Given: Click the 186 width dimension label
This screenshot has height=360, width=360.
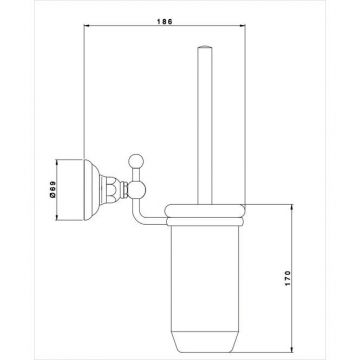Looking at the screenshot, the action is [x=165, y=21].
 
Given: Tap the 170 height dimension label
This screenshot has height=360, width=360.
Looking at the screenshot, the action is [x=288, y=279].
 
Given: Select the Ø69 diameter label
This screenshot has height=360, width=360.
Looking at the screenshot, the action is [x=52, y=190].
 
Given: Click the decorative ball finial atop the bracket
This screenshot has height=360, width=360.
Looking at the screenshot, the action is [x=136, y=161].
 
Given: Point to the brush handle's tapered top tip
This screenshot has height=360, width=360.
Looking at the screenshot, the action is [x=205, y=47].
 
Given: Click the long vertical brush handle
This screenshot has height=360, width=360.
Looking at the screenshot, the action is [x=205, y=124].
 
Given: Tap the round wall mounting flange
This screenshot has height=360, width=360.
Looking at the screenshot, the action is [x=91, y=190].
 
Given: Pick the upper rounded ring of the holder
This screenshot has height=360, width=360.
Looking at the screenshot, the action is [x=205, y=211].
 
